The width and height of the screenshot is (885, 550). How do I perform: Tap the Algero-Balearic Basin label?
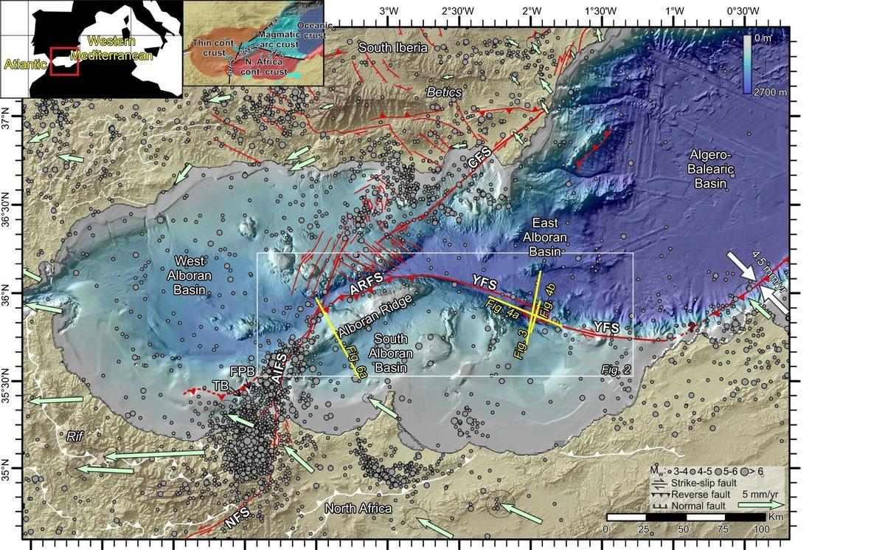coord(709,168)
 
